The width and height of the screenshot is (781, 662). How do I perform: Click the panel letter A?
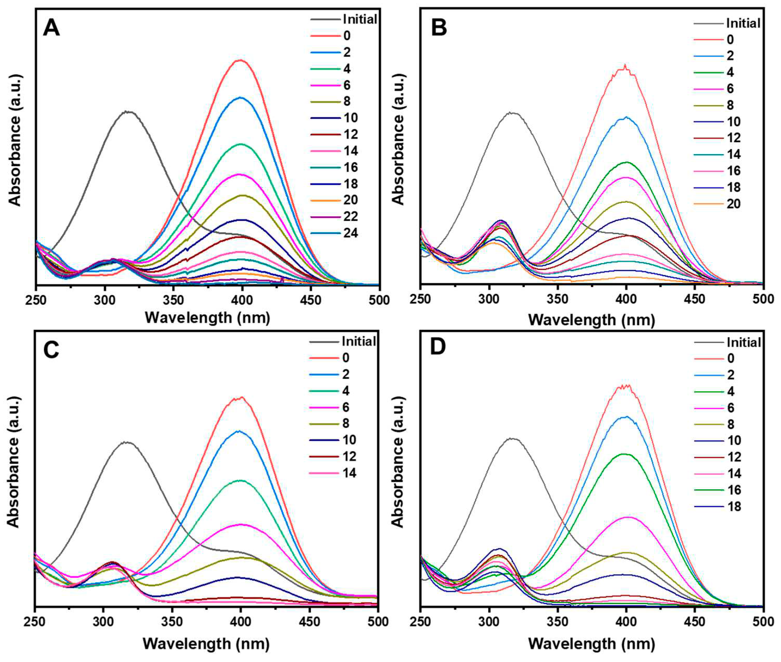point(51,28)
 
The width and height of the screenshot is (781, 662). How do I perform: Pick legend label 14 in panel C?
point(349,473)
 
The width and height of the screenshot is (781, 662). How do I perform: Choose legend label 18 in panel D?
point(734,507)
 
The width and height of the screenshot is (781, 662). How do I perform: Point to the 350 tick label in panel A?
point(173,300)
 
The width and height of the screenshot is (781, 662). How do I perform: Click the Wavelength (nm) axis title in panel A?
point(207,318)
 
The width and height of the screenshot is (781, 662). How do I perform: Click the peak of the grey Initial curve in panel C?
point(128,442)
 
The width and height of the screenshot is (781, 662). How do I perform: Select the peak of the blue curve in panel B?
point(626,117)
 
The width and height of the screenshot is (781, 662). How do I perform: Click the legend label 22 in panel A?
point(350,216)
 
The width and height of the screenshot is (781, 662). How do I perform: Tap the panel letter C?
point(51,350)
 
